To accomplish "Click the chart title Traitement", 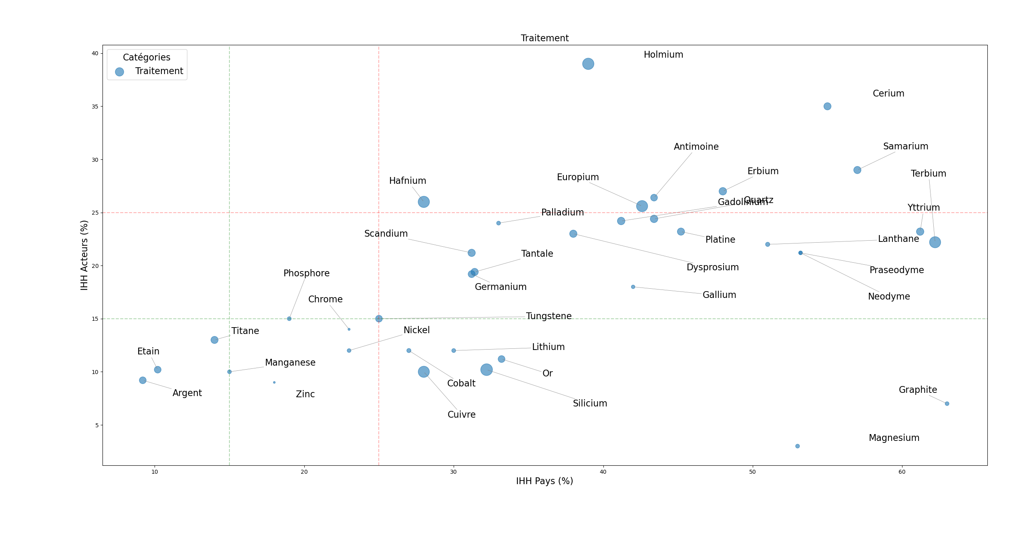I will [545, 38].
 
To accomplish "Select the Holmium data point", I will [588, 64].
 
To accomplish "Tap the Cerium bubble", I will [827, 106].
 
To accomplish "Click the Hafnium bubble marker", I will [424, 202].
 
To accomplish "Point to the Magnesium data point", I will [797, 446].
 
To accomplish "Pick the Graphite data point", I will [947, 404].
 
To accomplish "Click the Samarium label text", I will [905, 146].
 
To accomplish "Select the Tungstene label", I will [549, 316].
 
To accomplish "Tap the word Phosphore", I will [306, 273].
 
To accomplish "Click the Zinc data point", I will [274, 382].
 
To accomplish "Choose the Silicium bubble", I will [486, 370].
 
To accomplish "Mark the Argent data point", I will [143, 380].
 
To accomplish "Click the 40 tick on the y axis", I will [95, 53].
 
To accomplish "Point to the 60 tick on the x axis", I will [902, 472].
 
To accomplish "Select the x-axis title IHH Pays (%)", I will [545, 481].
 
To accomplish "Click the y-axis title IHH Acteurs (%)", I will [84, 255].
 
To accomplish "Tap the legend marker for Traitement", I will [119, 72].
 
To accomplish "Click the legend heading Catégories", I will [147, 57].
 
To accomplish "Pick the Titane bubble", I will [214, 340].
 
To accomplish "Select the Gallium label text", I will [719, 295].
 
